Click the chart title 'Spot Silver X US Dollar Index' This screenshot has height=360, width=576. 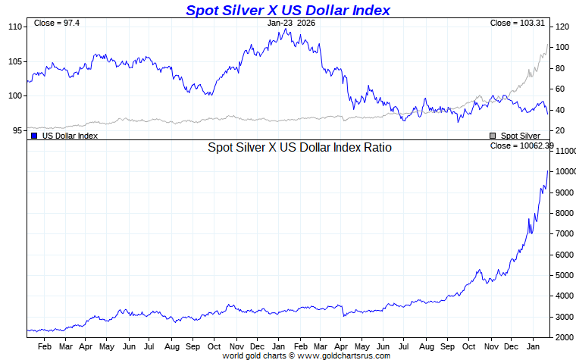point(288,10)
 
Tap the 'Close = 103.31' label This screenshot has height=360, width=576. point(517,23)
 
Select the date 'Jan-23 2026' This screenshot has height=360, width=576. point(291,23)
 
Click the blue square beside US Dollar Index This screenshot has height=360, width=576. point(34,136)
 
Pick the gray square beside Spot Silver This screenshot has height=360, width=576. point(493,136)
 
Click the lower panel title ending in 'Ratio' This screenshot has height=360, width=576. point(299,148)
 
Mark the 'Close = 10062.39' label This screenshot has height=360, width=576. point(522,146)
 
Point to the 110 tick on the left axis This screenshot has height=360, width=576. point(14,27)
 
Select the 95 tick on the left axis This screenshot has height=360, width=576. point(16,130)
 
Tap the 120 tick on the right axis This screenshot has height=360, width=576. point(562,27)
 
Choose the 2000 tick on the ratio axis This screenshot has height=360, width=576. point(565,337)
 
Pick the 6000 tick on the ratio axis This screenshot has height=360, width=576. point(565,255)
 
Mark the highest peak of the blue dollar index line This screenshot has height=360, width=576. point(283,30)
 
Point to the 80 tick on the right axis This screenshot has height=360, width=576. point(560,68)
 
